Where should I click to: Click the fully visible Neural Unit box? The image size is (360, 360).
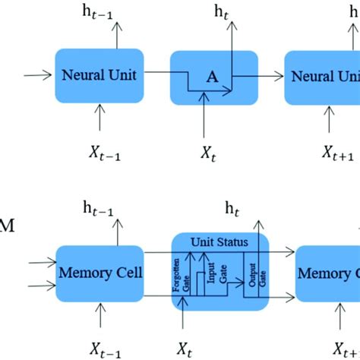[99, 75]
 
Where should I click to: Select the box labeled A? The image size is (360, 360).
[203, 77]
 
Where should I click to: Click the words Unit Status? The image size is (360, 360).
[220, 241]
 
